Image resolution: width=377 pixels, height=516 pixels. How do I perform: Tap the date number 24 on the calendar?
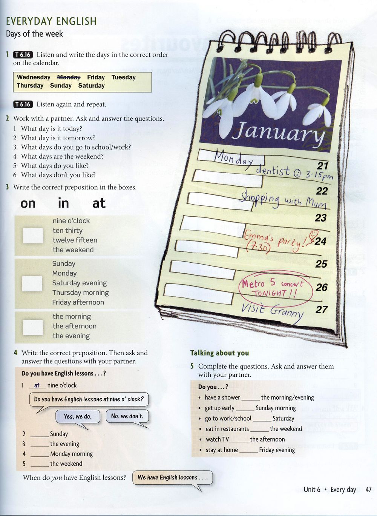click(x=320, y=241)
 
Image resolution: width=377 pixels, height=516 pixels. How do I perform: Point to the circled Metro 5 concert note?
click(x=275, y=288)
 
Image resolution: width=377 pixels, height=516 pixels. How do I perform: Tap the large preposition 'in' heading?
click(x=63, y=203)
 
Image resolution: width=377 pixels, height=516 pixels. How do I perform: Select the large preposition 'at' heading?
click(x=99, y=203)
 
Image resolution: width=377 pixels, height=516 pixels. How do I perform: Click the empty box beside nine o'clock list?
click(x=33, y=236)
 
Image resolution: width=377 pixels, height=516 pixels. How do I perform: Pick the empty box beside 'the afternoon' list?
click(x=33, y=327)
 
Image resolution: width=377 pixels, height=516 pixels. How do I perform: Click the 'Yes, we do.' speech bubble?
click(x=78, y=417)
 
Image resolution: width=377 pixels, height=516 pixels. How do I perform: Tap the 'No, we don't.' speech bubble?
click(x=127, y=416)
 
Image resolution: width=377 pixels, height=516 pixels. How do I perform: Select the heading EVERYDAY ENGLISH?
click(x=51, y=21)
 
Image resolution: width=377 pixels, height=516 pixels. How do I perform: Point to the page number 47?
click(x=368, y=490)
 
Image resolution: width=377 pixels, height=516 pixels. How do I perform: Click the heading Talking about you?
click(x=219, y=353)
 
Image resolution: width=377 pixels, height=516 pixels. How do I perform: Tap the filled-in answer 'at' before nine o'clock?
click(x=37, y=385)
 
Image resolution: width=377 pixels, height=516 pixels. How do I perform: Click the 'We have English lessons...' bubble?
click(x=172, y=477)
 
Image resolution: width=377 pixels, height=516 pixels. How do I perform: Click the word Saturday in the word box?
click(x=91, y=86)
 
